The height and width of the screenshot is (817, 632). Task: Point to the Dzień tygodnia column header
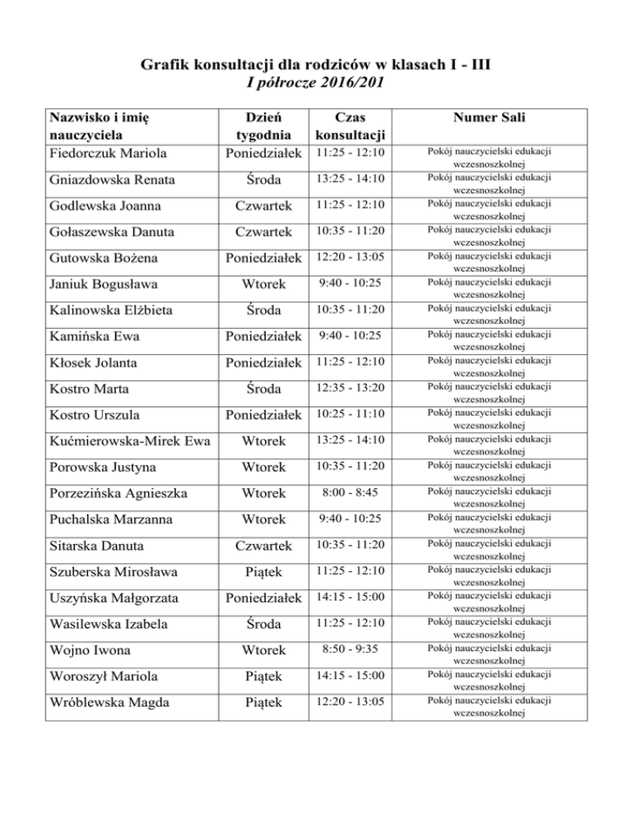coord(260,127)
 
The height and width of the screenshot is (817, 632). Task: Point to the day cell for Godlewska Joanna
coord(260,205)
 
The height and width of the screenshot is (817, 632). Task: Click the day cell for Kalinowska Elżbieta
coord(260,310)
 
